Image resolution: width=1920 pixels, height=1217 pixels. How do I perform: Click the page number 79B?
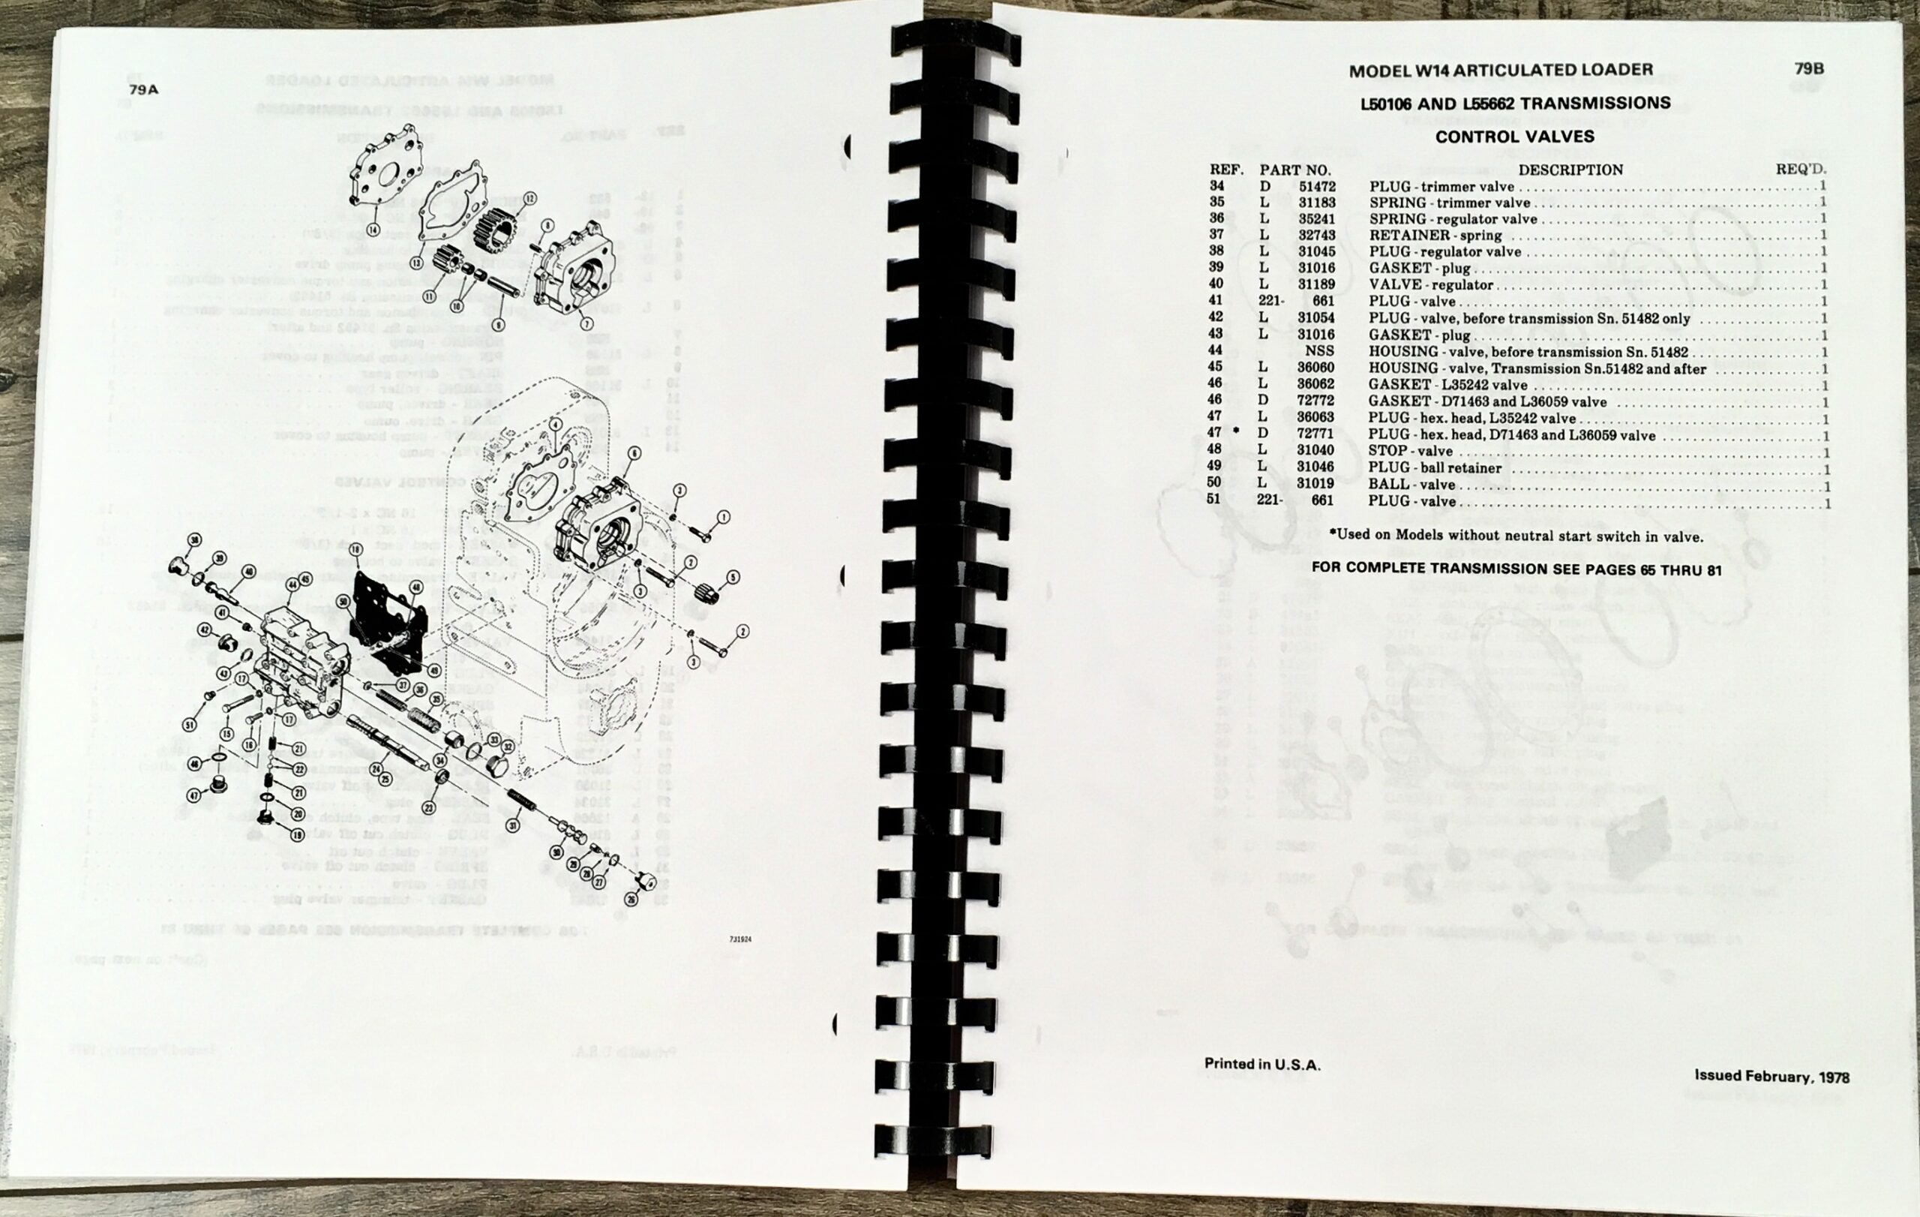[x=1809, y=68]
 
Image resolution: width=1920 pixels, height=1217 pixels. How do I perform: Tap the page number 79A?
[x=143, y=89]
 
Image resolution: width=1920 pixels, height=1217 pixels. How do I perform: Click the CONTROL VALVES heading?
[x=1514, y=137]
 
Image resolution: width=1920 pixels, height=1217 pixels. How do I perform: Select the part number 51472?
[x=1316, y=187]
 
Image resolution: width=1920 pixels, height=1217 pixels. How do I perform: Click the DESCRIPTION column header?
[x=1570, y=170]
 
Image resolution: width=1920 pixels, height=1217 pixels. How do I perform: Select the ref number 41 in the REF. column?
[x=1215, y=301]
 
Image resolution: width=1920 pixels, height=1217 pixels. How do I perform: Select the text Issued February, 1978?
[x=1771, y=1077]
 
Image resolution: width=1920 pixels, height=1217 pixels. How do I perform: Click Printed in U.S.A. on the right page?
[x=1262, y=1064]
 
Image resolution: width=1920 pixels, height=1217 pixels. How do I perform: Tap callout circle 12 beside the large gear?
[x=529, y=198]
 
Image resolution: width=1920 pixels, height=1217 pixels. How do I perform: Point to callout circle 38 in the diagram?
[x=193, y=540]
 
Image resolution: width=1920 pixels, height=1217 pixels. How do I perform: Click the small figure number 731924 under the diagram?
[x=739, y=939]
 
